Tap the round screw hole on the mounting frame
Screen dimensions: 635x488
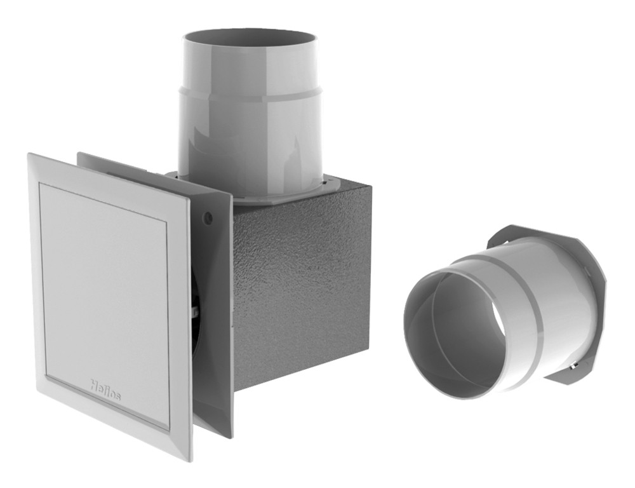coord(208,217)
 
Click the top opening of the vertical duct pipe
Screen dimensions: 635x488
coord(251,40)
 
